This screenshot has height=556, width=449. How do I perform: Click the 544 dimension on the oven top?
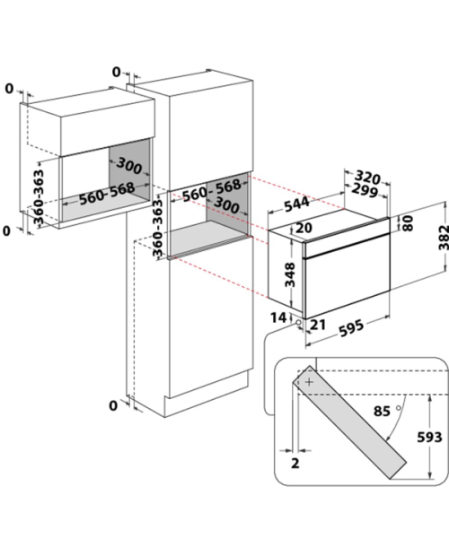click(296, 204)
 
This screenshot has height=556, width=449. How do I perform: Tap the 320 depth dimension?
click(368, 177)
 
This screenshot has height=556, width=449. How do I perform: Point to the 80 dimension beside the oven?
click(409, 223)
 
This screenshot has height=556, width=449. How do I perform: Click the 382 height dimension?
click(444, 238)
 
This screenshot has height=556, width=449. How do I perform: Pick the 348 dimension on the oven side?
click(290, 274)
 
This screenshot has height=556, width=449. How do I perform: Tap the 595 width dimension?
click(351, 328)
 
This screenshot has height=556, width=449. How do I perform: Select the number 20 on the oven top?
click(304, 228)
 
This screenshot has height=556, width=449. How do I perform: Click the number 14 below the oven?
click(278, 317)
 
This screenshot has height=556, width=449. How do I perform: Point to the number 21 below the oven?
click(318, 325)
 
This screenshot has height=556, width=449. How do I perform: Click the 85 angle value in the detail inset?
click(382, 411)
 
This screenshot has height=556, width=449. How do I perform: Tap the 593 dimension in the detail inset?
click(429, 438)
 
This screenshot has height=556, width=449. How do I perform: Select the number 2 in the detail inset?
click(295, 463)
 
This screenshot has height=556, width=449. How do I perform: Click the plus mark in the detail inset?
click(310, 382)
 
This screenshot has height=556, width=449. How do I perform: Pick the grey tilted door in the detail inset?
click(349, 422)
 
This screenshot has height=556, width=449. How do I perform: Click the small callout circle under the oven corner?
click(298, 323)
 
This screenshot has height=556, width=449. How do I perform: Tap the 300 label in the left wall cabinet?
click(128, 166)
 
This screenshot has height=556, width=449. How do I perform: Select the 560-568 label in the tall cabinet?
click(212, 190)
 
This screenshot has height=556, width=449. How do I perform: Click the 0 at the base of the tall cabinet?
click(113, 405)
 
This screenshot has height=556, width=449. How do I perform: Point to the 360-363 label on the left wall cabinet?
click(39, 196)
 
